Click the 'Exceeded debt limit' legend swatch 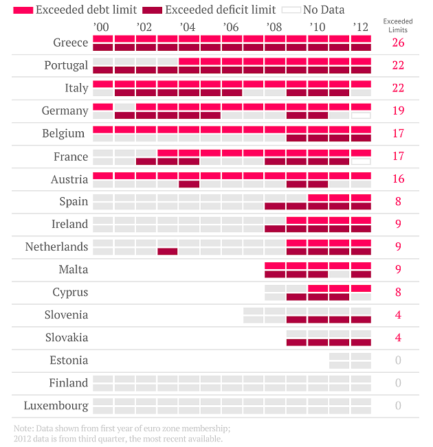point(23,10)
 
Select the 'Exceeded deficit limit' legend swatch point(153,10)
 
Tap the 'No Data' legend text point(324,10)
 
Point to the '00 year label point(100,27)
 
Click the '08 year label point(273,27)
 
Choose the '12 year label point(360,27)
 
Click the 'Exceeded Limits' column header point(397,26)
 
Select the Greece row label point(70,43)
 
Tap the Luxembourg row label point(56,405)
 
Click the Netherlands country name point(56,247)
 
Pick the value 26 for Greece point(398,43)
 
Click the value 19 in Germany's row point(398,111)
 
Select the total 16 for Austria point(398,179)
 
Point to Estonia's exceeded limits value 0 point(398,360)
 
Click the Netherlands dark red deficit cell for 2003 point(167,251)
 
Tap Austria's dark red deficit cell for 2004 point(189,183)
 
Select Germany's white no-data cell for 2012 point(361,115)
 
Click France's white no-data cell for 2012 point(361,161)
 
